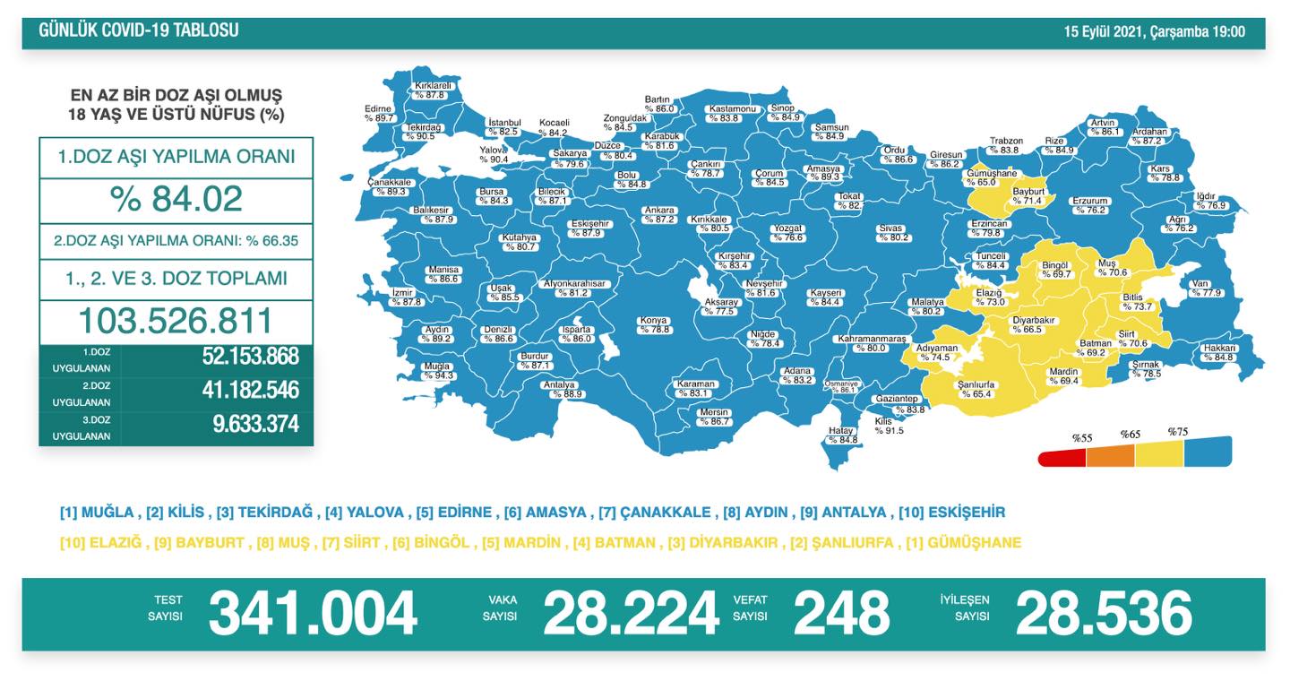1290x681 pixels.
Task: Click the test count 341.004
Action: pyautogui.click(x=313, y=614)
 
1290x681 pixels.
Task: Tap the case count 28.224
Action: pyautogui.click(x=631, y=614)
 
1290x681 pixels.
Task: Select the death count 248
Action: pyautogui.click(x=841, y=614)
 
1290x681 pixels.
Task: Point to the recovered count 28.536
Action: pyautogui.click(x=1103, y=614)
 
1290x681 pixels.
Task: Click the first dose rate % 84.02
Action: pyautogui.click(x=176, y=199)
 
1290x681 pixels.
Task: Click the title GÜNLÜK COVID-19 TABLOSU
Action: pyautogui.click(x=139, y=30)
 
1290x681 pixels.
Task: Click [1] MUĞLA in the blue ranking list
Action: pyautogui.click(x=98, y=513)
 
